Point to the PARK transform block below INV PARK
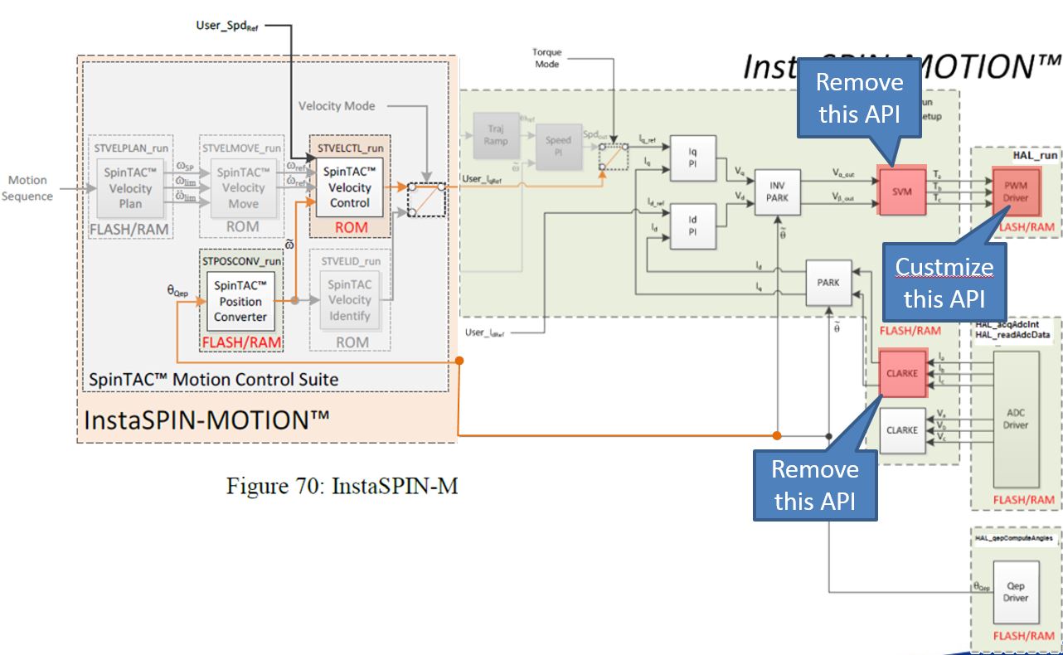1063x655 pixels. coord(828,282)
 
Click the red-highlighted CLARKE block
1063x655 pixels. coord(901,373)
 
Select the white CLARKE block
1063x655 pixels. coord(901,430)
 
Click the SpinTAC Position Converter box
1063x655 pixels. coord(240,301)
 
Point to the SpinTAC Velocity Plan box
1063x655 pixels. coord(130,187)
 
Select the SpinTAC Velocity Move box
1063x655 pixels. coord(242,187)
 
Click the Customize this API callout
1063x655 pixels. coord(944,282)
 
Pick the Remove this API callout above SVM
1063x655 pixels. coord(860,98)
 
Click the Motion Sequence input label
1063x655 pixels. coord(27,188)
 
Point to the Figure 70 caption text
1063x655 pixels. coord(342,486)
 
